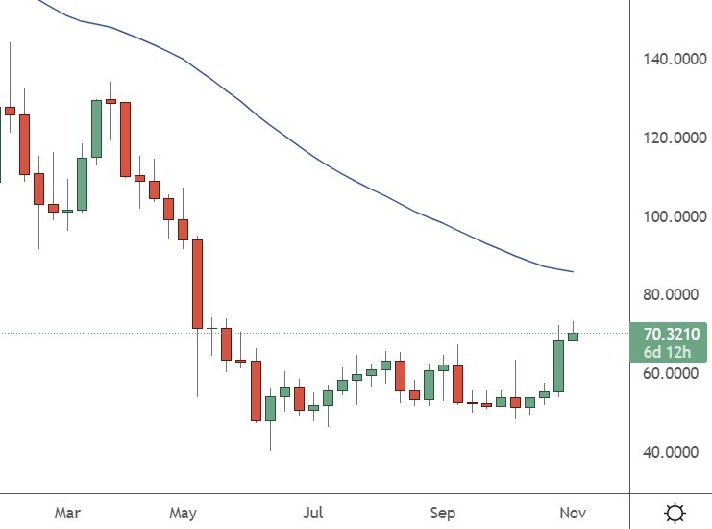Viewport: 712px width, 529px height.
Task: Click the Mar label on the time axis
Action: [66, 513]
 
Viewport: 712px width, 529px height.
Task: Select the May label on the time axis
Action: [183, 513]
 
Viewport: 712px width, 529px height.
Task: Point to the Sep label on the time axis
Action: [442, 513]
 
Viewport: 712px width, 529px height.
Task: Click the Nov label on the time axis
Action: [572, 513]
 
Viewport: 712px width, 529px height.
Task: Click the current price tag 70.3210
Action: [671, 334]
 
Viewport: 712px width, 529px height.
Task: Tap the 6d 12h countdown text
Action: [671, 352]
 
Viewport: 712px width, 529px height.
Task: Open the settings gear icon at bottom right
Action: [675, 512]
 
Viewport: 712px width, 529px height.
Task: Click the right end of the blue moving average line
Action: [573, 272]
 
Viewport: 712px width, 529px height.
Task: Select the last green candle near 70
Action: [573, 337]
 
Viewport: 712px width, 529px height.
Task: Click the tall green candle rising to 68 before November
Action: [558, 365]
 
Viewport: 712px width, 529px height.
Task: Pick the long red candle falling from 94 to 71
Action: [197, 284]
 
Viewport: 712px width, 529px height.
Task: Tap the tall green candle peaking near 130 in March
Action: [96, 128]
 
